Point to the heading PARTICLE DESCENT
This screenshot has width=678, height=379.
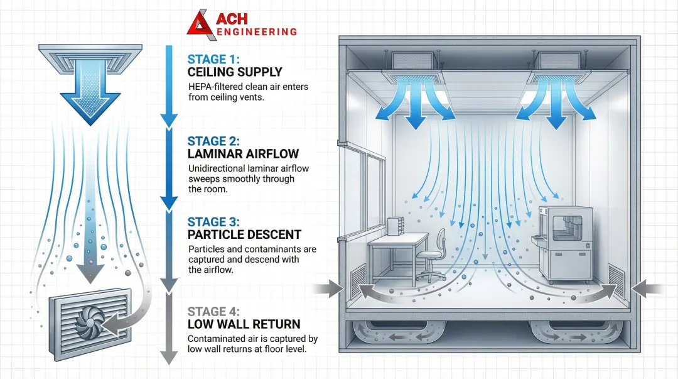click(244, 235)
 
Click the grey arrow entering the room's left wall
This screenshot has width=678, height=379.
click(327, 288)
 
